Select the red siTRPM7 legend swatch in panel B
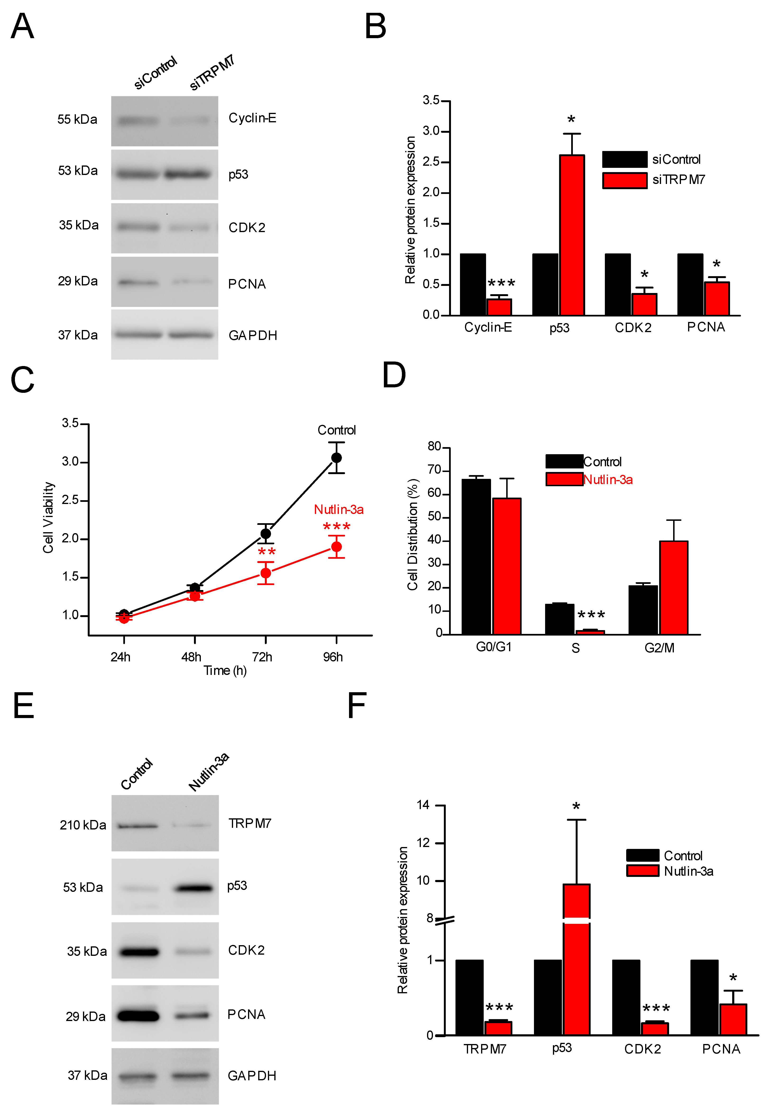point(625,181)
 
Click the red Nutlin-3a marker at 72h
point(265,573)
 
